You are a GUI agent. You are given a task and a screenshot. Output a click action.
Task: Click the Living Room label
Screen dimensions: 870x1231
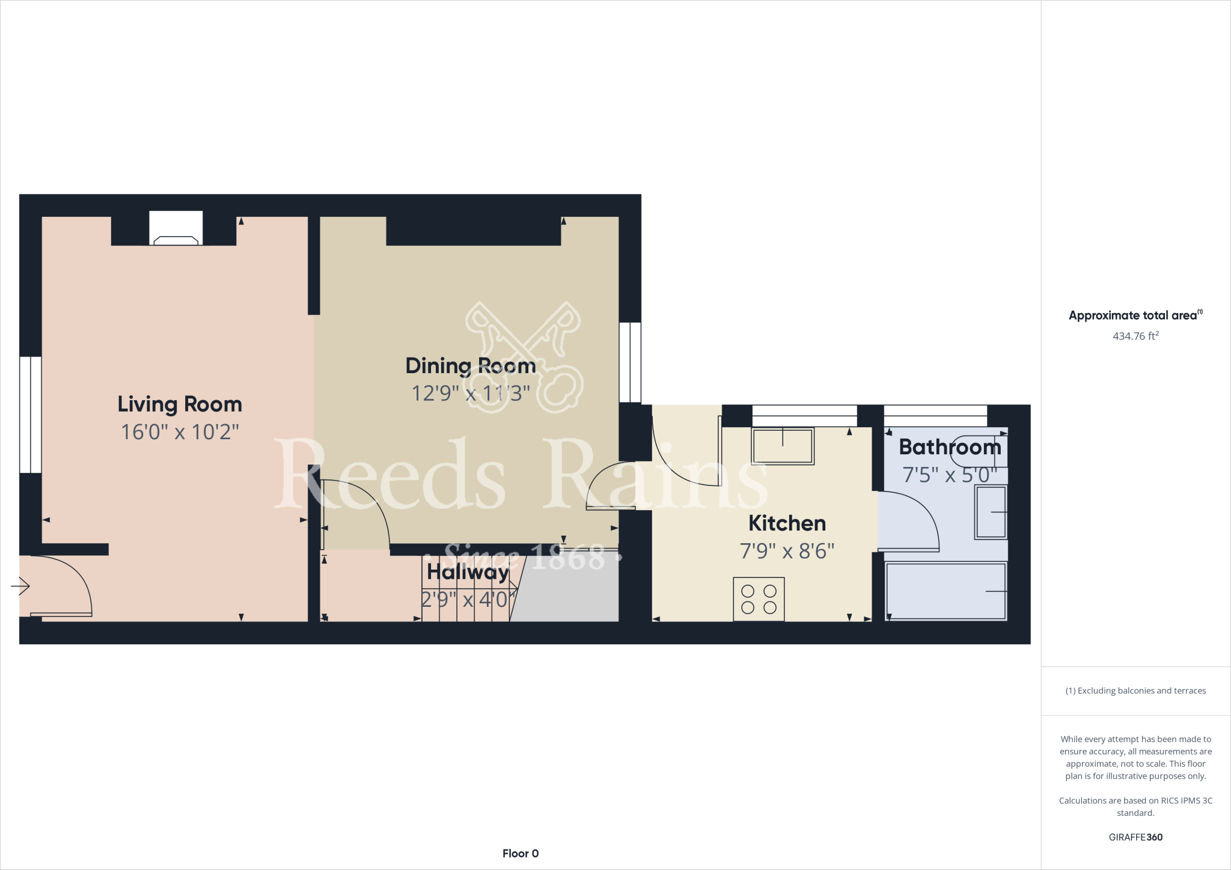point(180,404)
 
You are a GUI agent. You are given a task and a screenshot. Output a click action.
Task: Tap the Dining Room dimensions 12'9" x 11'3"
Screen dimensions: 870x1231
point(471,394)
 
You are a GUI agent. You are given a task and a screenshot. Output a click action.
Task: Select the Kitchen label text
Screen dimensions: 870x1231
point(787,523)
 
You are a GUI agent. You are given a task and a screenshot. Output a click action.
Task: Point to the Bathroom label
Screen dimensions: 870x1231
point(950,447)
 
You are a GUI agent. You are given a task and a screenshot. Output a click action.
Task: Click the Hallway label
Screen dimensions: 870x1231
point(468,572)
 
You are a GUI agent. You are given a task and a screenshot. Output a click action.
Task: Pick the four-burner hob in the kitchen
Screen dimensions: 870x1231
point(759,599)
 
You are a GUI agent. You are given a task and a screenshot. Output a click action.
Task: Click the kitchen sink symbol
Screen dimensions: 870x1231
point(783,446)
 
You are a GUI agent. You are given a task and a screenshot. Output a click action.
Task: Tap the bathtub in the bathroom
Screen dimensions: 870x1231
point(945,591)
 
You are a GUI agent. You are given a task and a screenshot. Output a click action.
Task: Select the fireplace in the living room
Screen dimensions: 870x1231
point(176,229)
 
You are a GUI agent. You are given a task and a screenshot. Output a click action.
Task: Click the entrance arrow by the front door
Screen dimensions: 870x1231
point(20,586)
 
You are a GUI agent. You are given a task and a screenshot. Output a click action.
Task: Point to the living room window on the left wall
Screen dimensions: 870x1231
point(31,415)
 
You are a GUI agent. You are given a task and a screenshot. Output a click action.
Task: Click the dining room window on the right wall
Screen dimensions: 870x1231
point(630,362)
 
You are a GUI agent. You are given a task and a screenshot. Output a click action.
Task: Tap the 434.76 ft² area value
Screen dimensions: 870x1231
point(1135,336)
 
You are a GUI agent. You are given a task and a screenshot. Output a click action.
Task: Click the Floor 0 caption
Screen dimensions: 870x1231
point(521,853)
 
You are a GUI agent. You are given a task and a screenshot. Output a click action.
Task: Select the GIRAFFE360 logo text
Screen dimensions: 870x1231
point(1135,837)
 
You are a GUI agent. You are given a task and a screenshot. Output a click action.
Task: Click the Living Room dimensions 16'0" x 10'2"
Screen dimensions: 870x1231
point(180,432)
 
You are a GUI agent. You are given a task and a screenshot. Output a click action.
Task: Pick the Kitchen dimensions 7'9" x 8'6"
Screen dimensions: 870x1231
point(787,551)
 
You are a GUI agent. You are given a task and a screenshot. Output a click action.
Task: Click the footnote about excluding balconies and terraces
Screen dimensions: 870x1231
point(1135,691)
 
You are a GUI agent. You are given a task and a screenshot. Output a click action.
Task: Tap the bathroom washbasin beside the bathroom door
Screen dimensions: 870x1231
point(991,512)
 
